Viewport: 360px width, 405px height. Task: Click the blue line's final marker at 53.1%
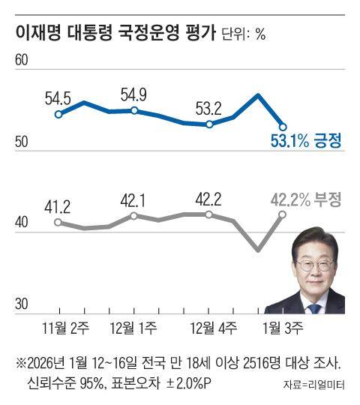pyautogui.click(x=282, y=127)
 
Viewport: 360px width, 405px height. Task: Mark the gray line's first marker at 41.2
pyautogui.click(x=58, y=223)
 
